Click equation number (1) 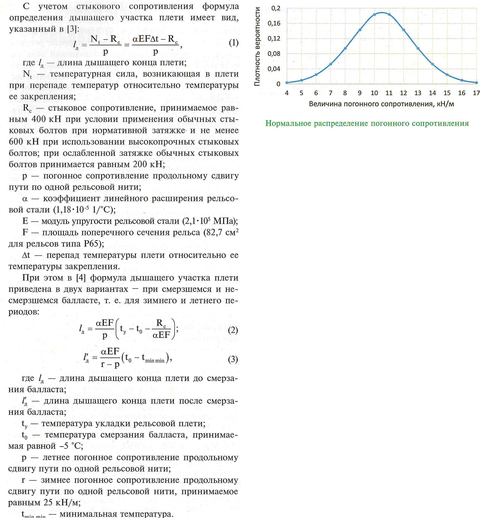[x=233, y=43]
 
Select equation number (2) [x=233, y=330]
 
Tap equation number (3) [x=233, y=359]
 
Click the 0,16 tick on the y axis [x=274, y=24]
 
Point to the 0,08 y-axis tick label [x=274, y=54]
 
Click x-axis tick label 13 [x=418, y=93]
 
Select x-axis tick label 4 [x=287, y=93]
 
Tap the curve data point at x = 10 [x=374, y=15]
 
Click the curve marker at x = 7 [x=331, y=64]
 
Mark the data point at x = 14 [x=432, y=64]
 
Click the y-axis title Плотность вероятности [x=257, y=46]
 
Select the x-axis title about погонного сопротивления [x=381, y=104]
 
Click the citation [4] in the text [x=81, y=278]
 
